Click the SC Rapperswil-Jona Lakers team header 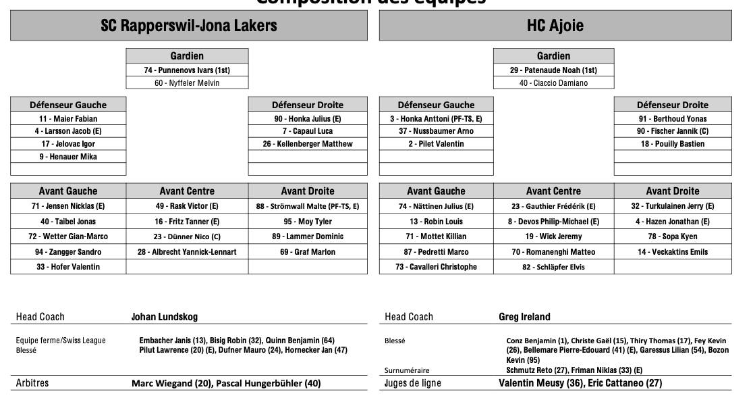pyautogui.click(x=189, y=26)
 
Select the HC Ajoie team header pyautogui.click(x=555, y=26)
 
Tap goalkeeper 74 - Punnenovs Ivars pyautogui.click(x=187, y=70)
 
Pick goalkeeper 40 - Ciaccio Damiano pyautogui.click(x=553, y=83)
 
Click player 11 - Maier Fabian pyautogui.click(x=68, y=119)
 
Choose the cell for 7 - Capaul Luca pyautogui.click(x=308, y=131)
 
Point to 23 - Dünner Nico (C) pyautogui.click(x=187, y=236)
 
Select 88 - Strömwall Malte pyautogui.click(x=308, y=206)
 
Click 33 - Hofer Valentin pyautogui.click(x=68, y=267)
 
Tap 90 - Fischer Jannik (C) pyautogui.click(x=673, y=131)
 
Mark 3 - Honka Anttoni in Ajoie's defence pyautogui.click(x=436, y=119)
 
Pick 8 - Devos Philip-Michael pyautogui.click(x=553, y=222)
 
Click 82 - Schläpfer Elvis pyautogui.click(x=553, y=267)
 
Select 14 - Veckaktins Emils pyautogui.click(x=673, y=252)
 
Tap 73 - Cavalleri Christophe pyautogui.click(x=436, y=267)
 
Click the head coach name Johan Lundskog pyautogui.click(x=164, y=317)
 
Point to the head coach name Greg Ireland pyautogui.click(x=524, y=317)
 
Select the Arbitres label pyautogui.click(x=32, y=383)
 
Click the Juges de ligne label pyautogui.click(x=413, y=383)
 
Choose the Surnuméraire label pyautogui.click(x=407, y=370)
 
